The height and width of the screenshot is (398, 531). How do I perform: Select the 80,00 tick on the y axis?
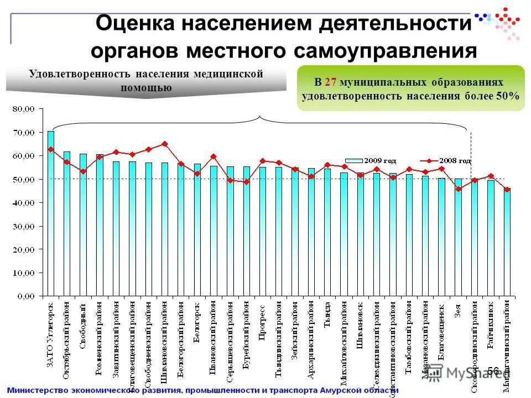coord(24,109)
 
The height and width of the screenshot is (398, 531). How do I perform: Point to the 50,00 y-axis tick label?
coord(24,180)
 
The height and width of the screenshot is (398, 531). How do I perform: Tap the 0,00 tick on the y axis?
coord(27,297)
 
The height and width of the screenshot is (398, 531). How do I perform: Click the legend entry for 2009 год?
coord(371,161)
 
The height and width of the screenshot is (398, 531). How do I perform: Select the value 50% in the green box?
coord(507,96)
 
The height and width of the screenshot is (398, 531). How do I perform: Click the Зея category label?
coord(458,311)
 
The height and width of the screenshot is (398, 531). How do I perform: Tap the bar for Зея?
coord(458,238)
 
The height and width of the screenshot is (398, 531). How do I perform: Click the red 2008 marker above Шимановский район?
coord(164,144)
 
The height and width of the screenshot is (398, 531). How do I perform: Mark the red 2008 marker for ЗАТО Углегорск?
coord(50,149)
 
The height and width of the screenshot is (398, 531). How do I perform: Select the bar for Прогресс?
coord(263,232)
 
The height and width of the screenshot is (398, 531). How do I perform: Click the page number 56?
coord(493,371)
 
